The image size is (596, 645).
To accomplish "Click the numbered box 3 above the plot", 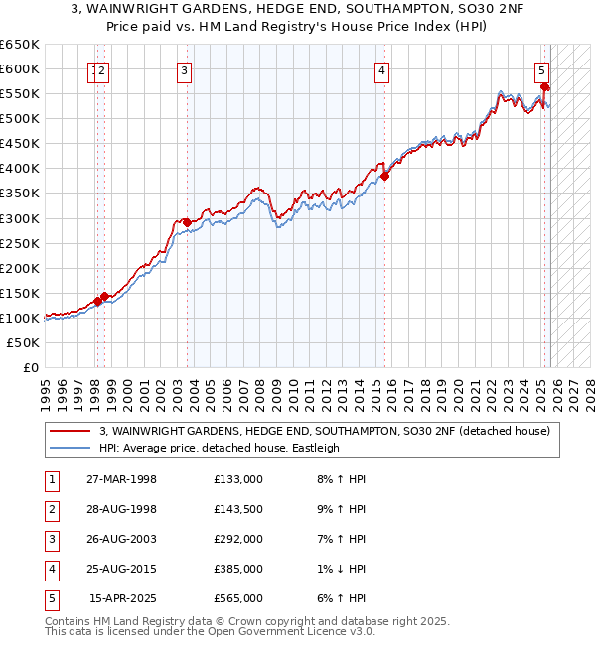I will [185, 70].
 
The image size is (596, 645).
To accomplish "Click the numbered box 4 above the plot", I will [381, 70].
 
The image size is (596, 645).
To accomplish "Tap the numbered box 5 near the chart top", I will [541, 70].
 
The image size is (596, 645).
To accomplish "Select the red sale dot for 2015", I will [384, 176].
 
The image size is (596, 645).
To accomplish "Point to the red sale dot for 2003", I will [187, 222].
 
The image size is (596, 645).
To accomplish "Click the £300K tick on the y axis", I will [20, 218].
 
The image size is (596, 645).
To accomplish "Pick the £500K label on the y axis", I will [20, 119].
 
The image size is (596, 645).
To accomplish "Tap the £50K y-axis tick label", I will [24, 342].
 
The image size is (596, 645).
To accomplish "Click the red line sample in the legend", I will [71, 431].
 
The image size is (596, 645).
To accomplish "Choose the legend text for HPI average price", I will [219, 448].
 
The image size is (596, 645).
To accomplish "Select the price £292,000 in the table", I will [238, 539].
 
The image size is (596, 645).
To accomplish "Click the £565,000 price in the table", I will [238, 598].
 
